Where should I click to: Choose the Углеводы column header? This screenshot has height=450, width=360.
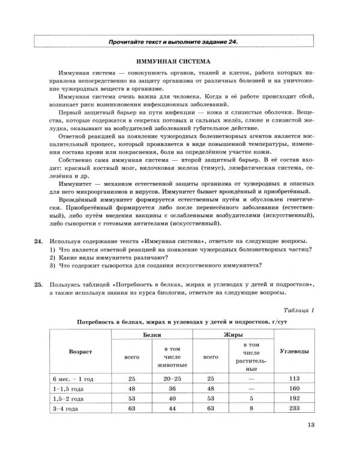pos(294,349)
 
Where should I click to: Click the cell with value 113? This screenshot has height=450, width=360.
pos(294,379)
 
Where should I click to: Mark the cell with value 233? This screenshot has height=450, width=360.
pos(294,407)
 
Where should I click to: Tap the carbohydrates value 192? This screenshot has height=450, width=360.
pos(294,398)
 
